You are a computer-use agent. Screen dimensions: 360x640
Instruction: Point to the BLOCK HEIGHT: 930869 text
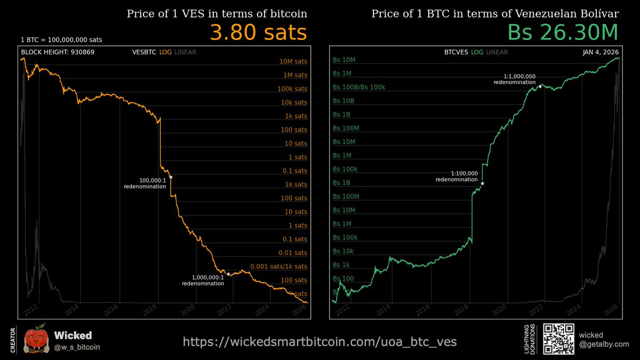pos(58,52)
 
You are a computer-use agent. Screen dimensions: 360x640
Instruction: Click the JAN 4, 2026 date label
pos(601,52)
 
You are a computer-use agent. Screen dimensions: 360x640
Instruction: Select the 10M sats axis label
pos(293,61)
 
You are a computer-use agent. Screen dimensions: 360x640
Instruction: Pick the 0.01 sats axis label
pos(293,253)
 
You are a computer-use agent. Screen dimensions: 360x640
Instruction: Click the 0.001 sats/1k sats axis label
pos(278,266)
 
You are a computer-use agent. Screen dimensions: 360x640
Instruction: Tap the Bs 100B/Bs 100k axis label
pos(358,87)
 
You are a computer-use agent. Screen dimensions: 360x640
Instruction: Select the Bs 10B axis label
pos(343,101)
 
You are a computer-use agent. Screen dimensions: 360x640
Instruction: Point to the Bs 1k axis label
pos(341,265)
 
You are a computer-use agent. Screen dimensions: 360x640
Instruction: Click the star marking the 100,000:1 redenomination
pos(171,177)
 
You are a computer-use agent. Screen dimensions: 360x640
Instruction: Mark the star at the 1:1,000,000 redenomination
pos(540,86)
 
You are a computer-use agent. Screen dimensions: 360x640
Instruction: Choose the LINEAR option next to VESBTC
pos(186,52)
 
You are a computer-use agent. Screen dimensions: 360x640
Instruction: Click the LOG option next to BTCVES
pos(477,52)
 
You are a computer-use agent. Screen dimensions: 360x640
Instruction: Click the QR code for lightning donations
pos(558,339)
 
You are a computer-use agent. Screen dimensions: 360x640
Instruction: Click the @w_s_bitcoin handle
pos(77,347)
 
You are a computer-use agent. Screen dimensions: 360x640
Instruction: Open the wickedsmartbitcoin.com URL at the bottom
pos(319,342)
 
